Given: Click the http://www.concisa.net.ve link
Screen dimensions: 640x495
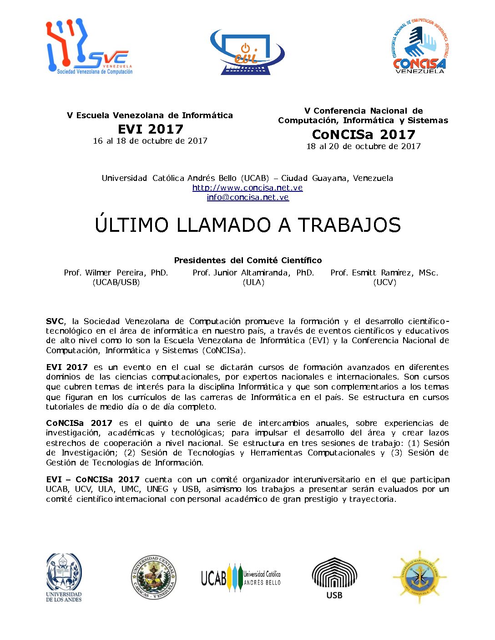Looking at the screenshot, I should click(x=247, y=188).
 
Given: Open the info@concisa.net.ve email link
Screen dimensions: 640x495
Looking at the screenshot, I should click(x=247, y=197).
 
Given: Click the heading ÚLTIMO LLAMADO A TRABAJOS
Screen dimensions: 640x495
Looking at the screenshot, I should click(x=247, y=225).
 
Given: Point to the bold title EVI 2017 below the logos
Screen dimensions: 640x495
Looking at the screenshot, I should click(x=150, y=129).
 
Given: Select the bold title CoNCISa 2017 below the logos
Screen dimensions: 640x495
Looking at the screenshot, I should click(x=364, y=135).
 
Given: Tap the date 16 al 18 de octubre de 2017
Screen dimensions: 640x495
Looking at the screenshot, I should click(x=150, y=141).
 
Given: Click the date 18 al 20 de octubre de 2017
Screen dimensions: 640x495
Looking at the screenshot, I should click(x=364, y=146).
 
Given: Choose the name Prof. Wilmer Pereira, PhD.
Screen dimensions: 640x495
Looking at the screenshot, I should click(x=116, y=273).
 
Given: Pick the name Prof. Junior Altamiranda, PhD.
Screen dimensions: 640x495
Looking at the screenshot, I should click(x=253, y=273).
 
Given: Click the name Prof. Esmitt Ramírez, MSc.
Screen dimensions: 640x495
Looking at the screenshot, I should click(x=384, y=273).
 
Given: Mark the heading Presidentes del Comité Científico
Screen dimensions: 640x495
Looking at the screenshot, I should click(x=247, y=260).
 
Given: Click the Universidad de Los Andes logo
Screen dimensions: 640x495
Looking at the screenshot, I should click(x=64, y=578).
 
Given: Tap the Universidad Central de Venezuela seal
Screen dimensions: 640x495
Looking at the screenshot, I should click(x=154, y=578).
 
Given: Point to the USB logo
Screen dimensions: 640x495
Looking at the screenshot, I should click(x=334, y=578).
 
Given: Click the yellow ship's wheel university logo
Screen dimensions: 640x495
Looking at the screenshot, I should click(x=419, y=577).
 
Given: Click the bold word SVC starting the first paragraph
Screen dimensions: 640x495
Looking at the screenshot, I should click(x=55, y=321).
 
